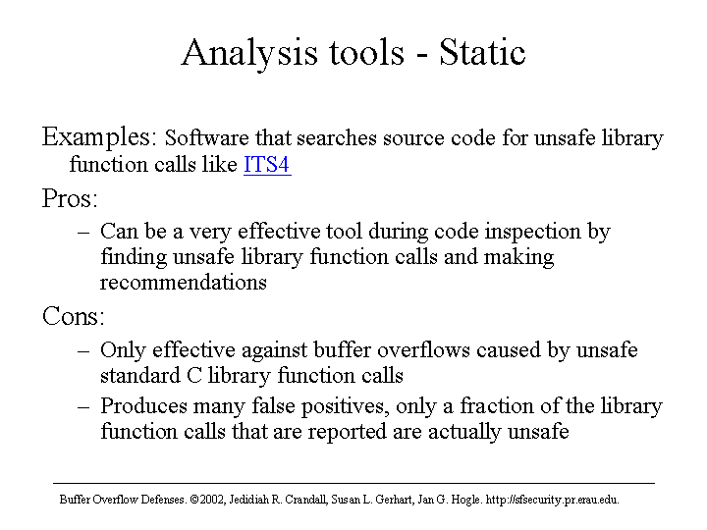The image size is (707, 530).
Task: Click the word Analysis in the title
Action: coord(249,54)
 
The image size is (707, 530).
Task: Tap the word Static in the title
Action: coord(482,52)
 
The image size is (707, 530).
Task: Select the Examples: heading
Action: coord(99,137)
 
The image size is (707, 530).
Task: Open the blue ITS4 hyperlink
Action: coord(267,165)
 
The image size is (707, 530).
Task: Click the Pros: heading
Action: coord(70,198)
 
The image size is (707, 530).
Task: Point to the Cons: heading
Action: coord(73,316)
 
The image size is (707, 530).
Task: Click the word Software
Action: coord(206,138)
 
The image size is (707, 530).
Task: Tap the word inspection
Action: coord(532,233)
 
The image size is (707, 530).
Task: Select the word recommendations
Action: coord(184,283)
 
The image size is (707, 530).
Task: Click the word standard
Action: coord(140,375)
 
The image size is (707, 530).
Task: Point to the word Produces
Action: coord(143,405)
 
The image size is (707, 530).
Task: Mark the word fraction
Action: coord(497,405)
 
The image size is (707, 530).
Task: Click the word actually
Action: coord(464,433)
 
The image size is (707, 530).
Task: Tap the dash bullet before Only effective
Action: coord(83,351)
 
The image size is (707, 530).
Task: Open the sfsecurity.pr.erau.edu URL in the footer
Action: coord(552,500)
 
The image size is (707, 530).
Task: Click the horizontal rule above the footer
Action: coord(353,484)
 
